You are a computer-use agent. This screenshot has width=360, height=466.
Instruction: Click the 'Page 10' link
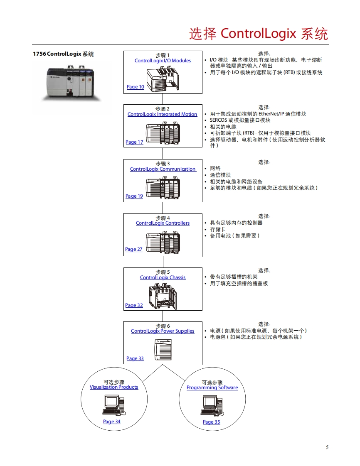[x=135, y=87]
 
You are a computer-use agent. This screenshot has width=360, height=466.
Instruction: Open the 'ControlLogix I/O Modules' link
[x=163, y=61]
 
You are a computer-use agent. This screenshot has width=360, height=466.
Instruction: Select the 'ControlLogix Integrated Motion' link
[x=162, y=114]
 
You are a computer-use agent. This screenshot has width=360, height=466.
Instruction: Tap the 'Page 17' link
[x=134, y=142]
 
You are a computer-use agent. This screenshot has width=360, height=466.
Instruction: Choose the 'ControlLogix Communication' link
[x=163, y=169]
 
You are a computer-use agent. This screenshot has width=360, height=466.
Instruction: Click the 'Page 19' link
[x=134, y=196]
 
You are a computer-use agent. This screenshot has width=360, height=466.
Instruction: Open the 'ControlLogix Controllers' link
[x=163, y=223]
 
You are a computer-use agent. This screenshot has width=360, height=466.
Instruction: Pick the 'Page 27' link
[x=133, y=249]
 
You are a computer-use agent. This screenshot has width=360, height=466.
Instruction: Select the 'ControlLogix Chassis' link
[x=163, y=277]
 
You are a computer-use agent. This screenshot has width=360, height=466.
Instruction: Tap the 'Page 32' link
[x=134, y=305]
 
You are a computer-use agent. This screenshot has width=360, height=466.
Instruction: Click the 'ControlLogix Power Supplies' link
[x=163, y=331]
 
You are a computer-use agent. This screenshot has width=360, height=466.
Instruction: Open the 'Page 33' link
[x=135, y=358]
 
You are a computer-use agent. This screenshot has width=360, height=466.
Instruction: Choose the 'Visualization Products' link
[x=114, y=387]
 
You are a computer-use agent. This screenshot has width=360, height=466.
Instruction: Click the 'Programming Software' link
[x=212, y=388]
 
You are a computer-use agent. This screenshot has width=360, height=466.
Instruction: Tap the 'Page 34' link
[x=112, y=422]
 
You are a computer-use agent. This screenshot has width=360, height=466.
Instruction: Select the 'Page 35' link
[x=211, y=422]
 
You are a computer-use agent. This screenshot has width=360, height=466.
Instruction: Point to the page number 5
[x=327, y=447]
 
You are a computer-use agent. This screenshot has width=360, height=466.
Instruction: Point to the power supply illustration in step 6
[x=163, y=349]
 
